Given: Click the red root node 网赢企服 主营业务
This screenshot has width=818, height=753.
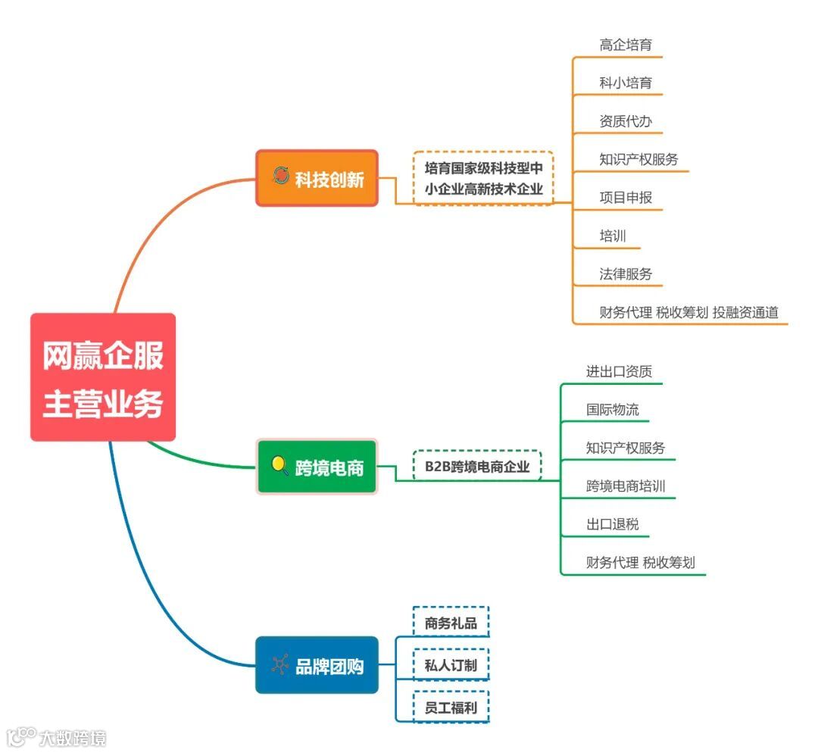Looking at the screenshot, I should click(103, 377).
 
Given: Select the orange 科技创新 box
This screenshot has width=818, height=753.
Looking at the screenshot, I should click(317, 178).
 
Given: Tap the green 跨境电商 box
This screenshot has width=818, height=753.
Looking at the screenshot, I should click(317, 467).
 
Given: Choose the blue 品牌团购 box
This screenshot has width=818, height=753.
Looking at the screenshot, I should click(317, 665).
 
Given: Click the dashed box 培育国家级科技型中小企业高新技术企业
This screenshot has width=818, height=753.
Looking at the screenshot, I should click(483, 178).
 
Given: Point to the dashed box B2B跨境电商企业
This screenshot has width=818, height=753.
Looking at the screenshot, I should click(477, 466).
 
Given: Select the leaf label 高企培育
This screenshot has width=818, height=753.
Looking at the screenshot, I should click(626, 45).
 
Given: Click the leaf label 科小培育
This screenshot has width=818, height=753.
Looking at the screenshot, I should click(626, 83).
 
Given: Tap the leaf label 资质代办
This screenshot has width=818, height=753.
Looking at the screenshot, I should click(626, 121).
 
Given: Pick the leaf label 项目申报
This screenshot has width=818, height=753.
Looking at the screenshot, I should click(626, 198).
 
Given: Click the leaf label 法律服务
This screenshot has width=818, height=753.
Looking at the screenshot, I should click(626, 274).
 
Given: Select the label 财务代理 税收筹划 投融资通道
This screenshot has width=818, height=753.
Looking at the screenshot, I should click(688, 312).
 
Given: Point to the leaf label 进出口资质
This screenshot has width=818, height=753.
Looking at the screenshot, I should click(619, 371).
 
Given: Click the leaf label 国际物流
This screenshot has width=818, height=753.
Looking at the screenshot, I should click(612, 410).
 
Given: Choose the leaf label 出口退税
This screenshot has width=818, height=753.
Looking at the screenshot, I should click(607, 524).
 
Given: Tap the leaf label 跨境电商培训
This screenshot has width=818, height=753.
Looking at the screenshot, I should click(626, 486).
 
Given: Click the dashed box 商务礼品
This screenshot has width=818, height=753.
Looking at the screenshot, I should click(451, 623).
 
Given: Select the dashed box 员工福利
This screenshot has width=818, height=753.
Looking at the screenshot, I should click(451, 708).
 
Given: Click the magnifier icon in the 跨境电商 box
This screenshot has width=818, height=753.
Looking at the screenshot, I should click(279, 464).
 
